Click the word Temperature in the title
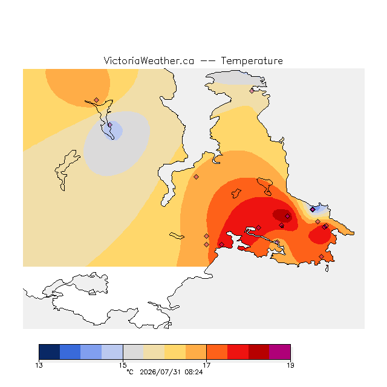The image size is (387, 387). (252, 61)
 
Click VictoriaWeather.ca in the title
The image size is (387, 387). (149, 61)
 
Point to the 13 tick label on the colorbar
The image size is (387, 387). (39, 365)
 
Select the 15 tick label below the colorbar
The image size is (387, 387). (123, 365)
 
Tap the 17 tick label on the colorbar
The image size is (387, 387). (206, 365)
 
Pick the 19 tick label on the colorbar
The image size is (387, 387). (290, 365)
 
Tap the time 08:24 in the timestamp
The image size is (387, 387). (193, 372)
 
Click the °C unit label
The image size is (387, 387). (130, 372)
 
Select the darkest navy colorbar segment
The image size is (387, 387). (50, 352)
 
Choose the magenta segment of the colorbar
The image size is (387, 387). (279, 352)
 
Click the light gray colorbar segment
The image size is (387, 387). (133, 352)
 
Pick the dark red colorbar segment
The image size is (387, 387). (259, 352)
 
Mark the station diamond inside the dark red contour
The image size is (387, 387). (288, 216)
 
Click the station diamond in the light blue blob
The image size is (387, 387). (110, 125)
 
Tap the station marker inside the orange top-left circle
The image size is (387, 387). (97, 100)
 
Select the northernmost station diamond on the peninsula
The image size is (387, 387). (252, 91)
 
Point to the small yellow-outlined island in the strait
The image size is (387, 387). (177, 236)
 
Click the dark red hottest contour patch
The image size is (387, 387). (282, 215)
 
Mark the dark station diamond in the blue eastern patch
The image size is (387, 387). (313, 210)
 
